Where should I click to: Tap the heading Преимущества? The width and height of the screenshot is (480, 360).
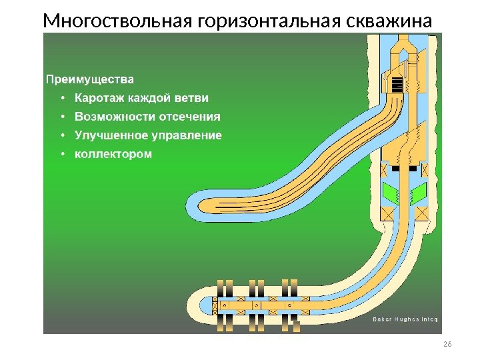pyautogui.click(x=89, y=79)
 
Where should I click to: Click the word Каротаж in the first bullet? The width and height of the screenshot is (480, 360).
pyautogui.click(x=99, y=98)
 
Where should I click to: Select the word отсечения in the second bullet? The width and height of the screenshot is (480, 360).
pyautogui.click(x=189, y=117)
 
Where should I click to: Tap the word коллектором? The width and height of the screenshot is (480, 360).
pyautogui.click(x=113, y=154)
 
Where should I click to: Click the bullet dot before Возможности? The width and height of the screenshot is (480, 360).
pyautogui.click(x=62, y=117)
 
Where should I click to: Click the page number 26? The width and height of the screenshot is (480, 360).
pyautogui.click(x=447, y=343)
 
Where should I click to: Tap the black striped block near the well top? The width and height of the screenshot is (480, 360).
pyautogui.click(x=397, y=85)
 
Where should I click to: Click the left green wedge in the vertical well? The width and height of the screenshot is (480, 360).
pyautogui.click(x=390, y=194)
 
